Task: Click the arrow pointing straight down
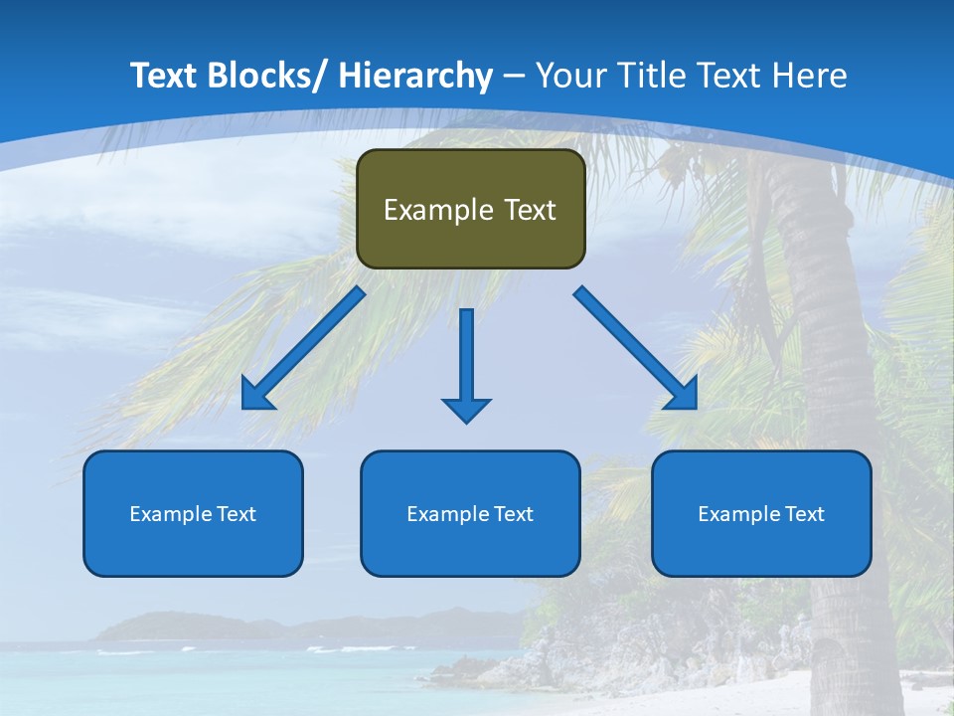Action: pyautogui.click(x=466, y=358)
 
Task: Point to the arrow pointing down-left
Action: pyautogui.click(x=303, y=348)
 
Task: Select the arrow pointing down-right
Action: pyautogui.click(x=636, y=348)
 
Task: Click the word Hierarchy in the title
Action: pyautogui.click(x=415, y=76)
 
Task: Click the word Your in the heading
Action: pyautogui.click(x=568, y=76)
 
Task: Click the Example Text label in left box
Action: pyautogui.click(x=193, y=514)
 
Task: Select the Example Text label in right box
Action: pyautogui.click(x=761, y=514)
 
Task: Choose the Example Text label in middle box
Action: pyautogui.click(x=470, y=514)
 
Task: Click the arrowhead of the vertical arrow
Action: pyautogui.click(x=466, y=409)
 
